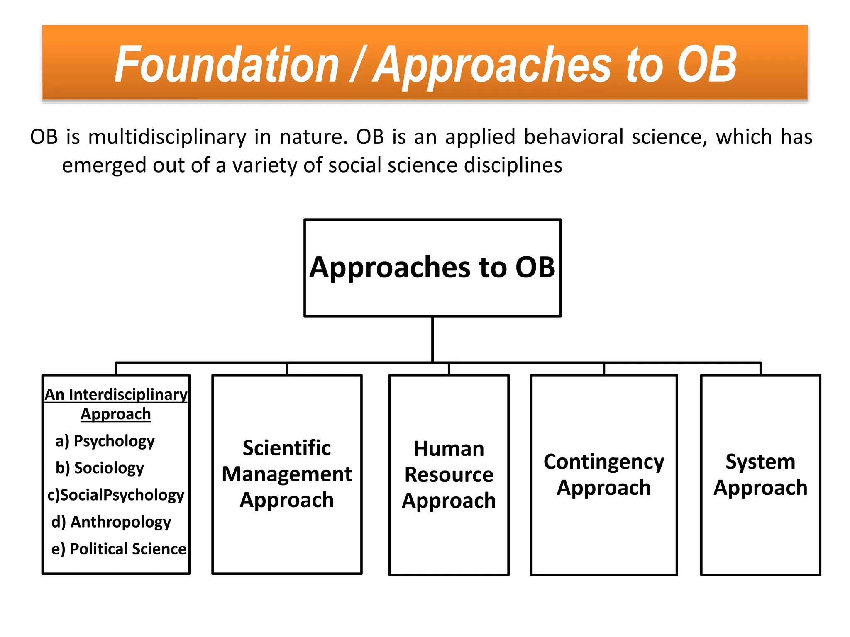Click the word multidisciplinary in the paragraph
[167, 137]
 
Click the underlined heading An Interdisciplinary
[116, 394]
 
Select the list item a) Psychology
[105, 441]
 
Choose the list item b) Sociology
[100, 468]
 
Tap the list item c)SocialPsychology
[116, 495]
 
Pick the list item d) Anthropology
[111, 522]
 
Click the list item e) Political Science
[119, 549]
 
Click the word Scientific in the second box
[287, 448]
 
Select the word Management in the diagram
[287, 474]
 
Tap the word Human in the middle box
[449, 449]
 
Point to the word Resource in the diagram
[449, 475]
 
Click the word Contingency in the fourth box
[604, 462]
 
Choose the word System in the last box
[760, 462]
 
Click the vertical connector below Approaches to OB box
[432, 339]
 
